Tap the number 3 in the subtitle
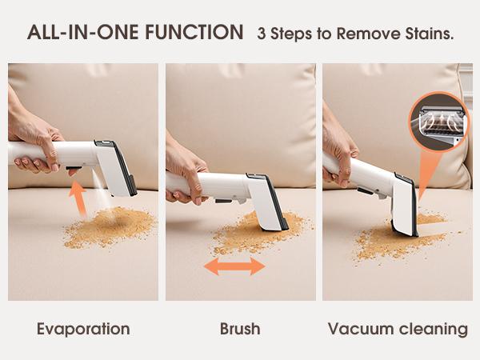[x=262, y=34]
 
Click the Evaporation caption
[x=82, y=329]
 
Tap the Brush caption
[x=240, y=329]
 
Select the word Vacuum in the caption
[x=358, y=329]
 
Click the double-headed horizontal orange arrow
[x=234, y=266]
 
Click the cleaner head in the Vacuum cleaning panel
[x=404, y=204]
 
